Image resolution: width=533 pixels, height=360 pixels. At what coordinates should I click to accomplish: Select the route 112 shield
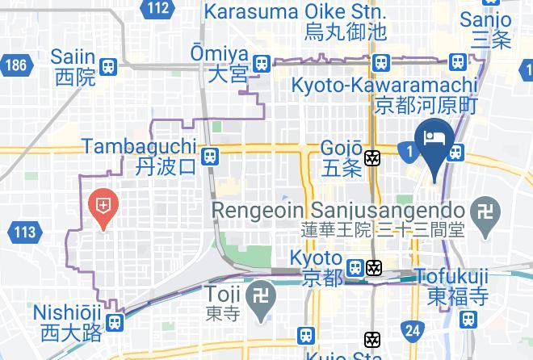pos(159,9)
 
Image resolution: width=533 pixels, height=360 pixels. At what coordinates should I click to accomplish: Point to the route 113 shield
pos(24,233)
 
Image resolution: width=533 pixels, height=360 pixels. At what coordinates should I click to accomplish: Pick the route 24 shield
pos(413,329)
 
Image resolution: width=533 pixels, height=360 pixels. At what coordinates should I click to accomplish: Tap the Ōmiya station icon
pos(260,64)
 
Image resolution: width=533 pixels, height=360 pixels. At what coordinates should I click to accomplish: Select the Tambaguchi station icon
pos(210,156)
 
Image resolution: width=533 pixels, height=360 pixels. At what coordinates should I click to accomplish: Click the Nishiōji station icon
pos(115,322)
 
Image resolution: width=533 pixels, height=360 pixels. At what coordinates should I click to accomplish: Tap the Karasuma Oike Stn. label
pos(295,12)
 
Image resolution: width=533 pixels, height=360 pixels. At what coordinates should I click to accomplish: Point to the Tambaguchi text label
pos(139,147)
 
